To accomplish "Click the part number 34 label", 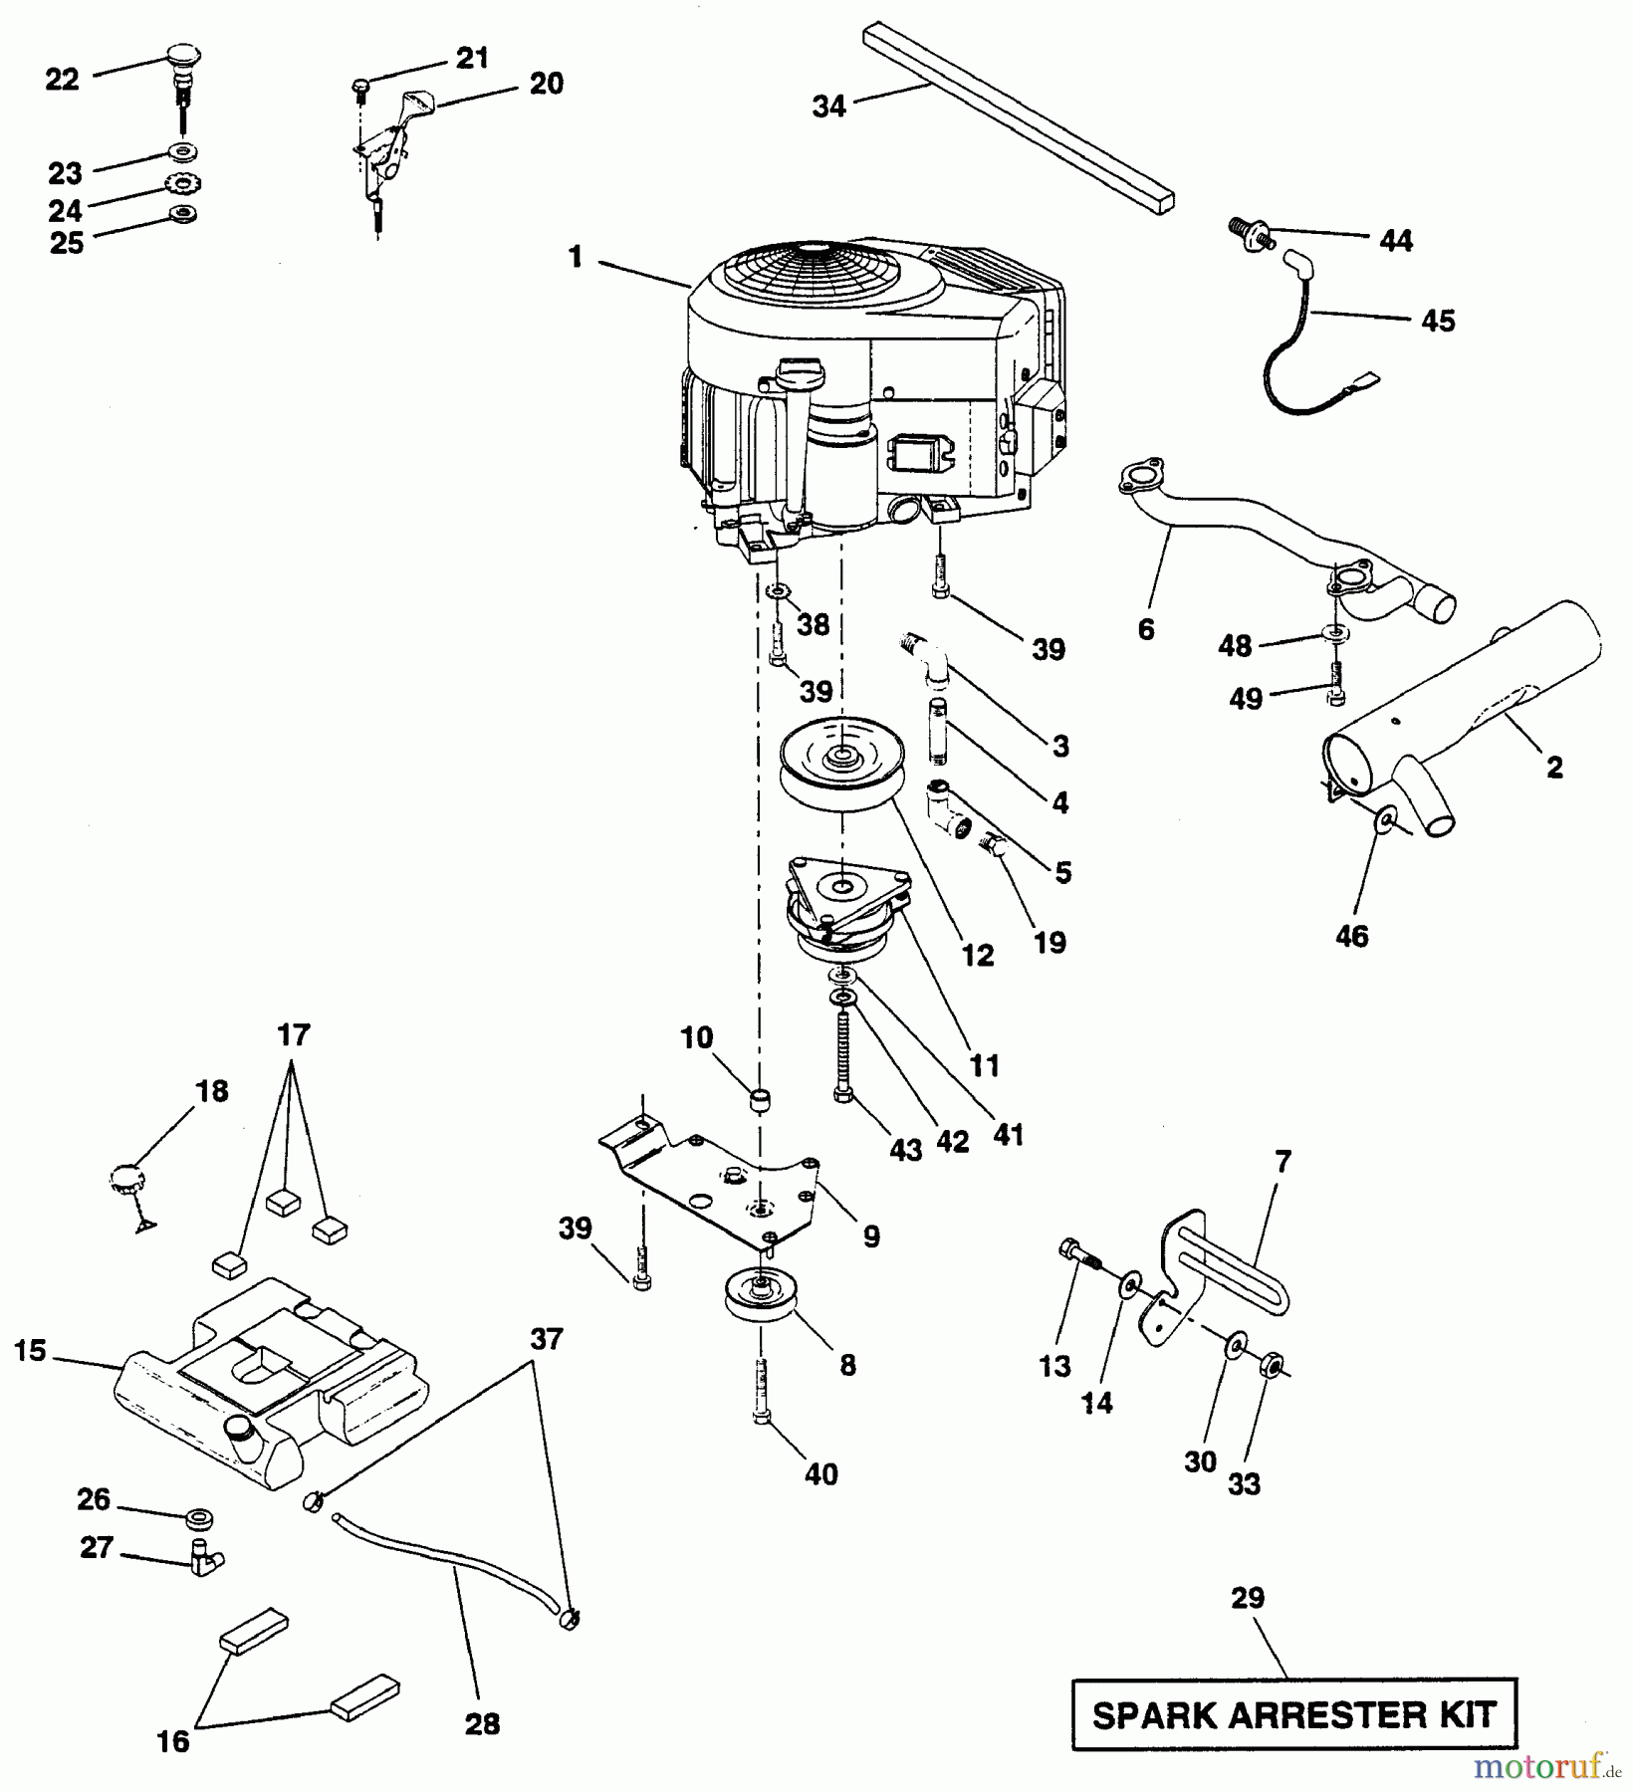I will coord(828,106).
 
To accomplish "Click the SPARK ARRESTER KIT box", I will coord(1294,1714).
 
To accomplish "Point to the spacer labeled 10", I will coord(762,1101).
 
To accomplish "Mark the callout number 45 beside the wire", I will coord(1437,321).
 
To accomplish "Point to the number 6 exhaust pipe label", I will coord(1146,629).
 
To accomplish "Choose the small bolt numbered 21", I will coord(361,88).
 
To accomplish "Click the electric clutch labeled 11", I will coord(846,911).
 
